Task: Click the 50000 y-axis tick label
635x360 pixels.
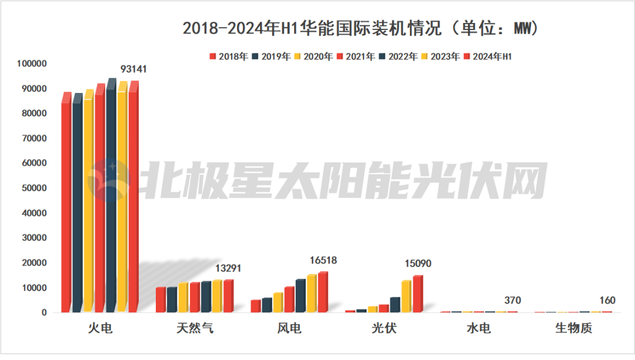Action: [34, 188]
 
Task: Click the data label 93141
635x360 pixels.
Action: [133, 69]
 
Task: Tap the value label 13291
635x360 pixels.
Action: [229, 269]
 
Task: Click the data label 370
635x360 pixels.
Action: [512, 300]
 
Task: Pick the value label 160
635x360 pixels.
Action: [607, 301]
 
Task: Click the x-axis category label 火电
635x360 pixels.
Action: [100, 328]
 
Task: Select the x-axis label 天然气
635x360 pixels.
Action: [195, 328]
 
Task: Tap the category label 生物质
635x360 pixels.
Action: [573, 328]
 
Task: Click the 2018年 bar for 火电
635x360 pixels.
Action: [66, 206]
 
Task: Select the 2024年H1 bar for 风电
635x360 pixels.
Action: [322, 293]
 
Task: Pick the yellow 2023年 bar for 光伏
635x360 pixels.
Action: [406, 296]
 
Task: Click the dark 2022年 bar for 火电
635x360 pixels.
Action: [111, 200]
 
